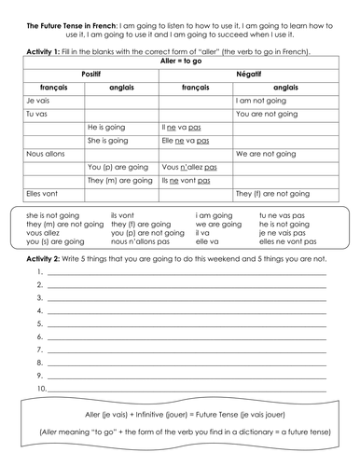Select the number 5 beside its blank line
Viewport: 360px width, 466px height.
(41, 322)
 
